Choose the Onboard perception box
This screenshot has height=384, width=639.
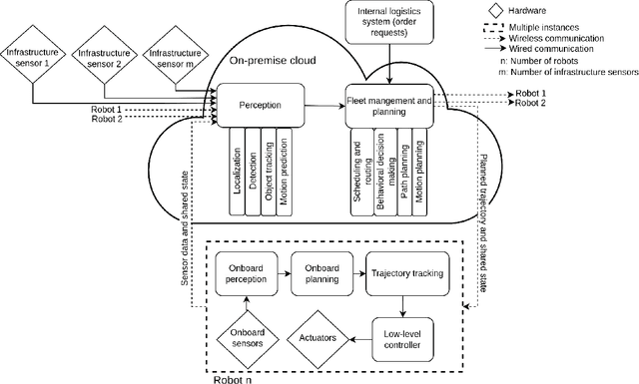(x=245, y=274)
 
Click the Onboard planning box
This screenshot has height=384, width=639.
(x=319, y=274)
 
